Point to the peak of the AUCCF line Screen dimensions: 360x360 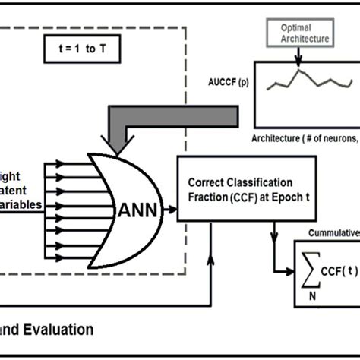click(299, 71)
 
